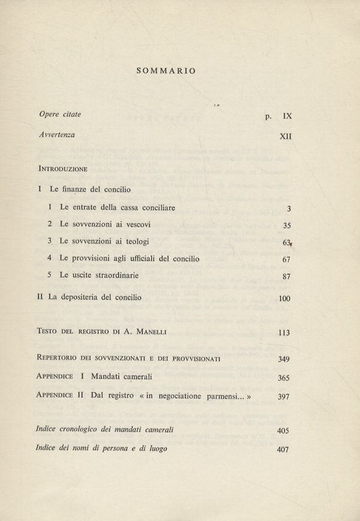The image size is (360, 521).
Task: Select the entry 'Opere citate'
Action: click(60, 115)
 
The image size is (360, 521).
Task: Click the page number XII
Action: click(285, 136)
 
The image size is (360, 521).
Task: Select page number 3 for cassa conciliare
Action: click(288, 208)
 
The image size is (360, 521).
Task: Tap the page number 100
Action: click(284, 298)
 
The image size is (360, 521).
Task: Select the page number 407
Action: click(284, 448)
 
